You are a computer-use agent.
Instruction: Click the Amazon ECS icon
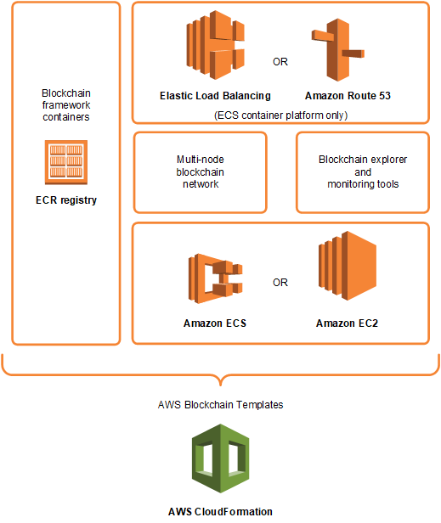[x=215, y=283]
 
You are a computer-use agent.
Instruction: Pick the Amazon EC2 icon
[x=346, y=272]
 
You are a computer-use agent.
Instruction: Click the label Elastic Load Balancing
[x=215, y=96]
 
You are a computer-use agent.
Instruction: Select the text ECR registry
[x=65, y=201]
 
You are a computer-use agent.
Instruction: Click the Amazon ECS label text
[x=215, y=323]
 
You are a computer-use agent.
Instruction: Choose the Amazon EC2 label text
[x=346, y=323]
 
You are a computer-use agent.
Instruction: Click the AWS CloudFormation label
[x=220, y=511]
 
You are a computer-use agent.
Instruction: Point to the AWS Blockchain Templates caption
[x=220, y=405]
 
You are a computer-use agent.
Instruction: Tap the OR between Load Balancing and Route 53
[x=280, y=61]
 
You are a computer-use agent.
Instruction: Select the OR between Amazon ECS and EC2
[x=280, y=283]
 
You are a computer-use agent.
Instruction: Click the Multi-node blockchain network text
[x=201, y=172]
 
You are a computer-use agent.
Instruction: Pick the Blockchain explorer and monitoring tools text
[x=363, y=172]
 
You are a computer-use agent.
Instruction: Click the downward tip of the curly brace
[x=220, y=383]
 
